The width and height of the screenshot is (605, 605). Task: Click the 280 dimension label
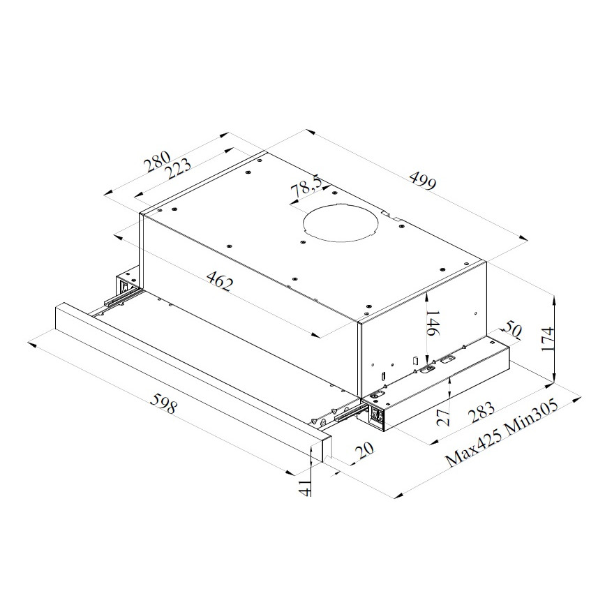[x=157, y=160]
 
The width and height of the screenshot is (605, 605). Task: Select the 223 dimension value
[x=178, y=169]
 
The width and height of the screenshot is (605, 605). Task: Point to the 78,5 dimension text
[x=306, y=187]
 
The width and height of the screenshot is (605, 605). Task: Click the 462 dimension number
[x=221, y=281]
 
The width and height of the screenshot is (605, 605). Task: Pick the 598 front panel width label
[x=164, y=403]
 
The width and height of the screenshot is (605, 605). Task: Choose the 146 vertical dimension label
[x=433, y=323]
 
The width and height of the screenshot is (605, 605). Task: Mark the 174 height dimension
[x=548, y=339]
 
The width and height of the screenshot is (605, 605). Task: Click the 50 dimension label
[x=511, y=329]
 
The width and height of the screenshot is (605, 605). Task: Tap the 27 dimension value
[x=443, y=417]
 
